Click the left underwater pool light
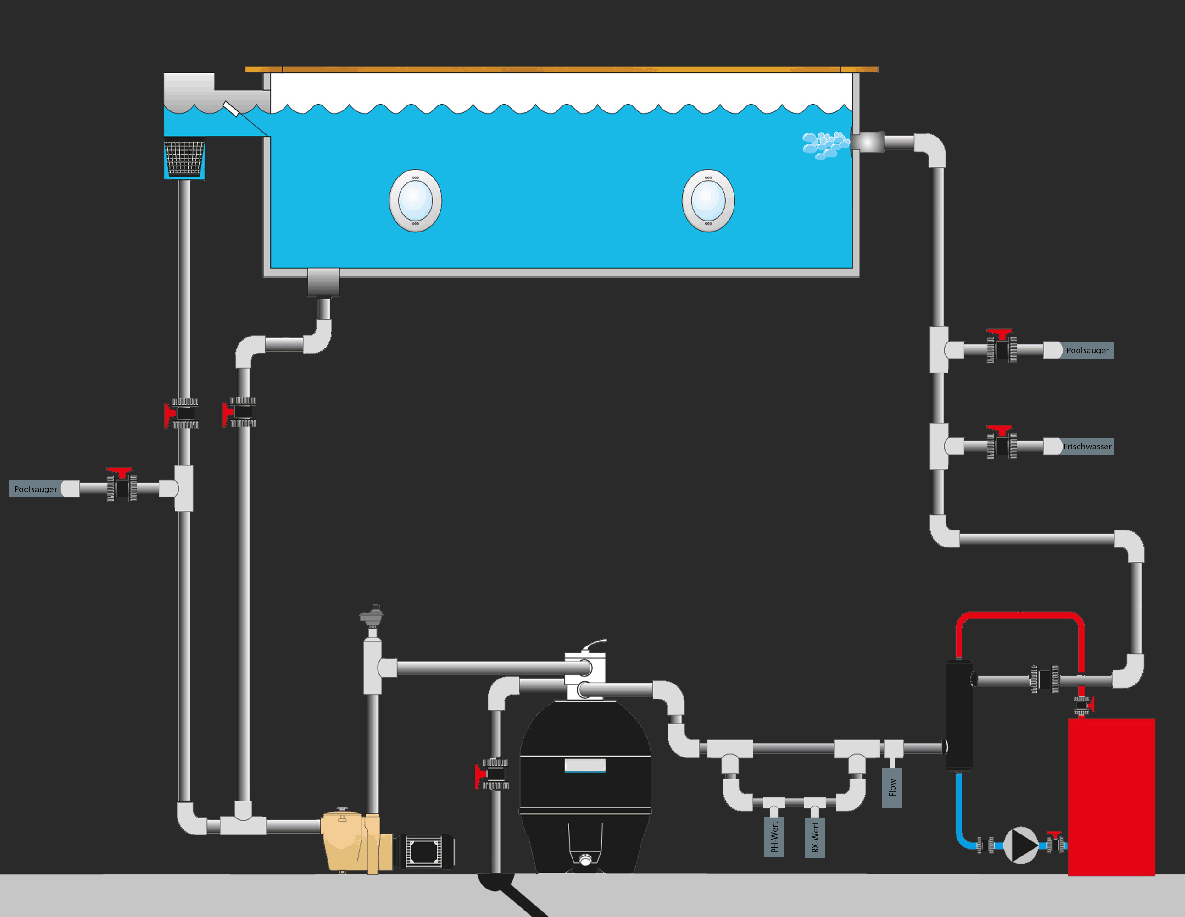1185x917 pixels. (x=415, y=201)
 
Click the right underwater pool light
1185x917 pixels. (x=708, y=201)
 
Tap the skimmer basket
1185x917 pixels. (x=184, y=158)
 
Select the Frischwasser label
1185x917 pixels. (x=1087, y=446)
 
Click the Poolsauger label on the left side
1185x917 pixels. (x=35, y=489)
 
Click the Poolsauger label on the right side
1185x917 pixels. (x=1087, y=350)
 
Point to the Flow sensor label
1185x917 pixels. (x=892, y=788)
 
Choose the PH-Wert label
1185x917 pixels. (x=774, y=837)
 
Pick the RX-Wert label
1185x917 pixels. (x=815, y=837)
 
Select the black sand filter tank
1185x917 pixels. (x=584, y=781)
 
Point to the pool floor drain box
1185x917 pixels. (x=323, y=282)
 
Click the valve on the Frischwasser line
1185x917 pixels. (x=1001, y=444)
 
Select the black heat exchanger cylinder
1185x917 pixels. (x=959, y=715)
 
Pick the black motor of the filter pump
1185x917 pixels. (x=426, y=851)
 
